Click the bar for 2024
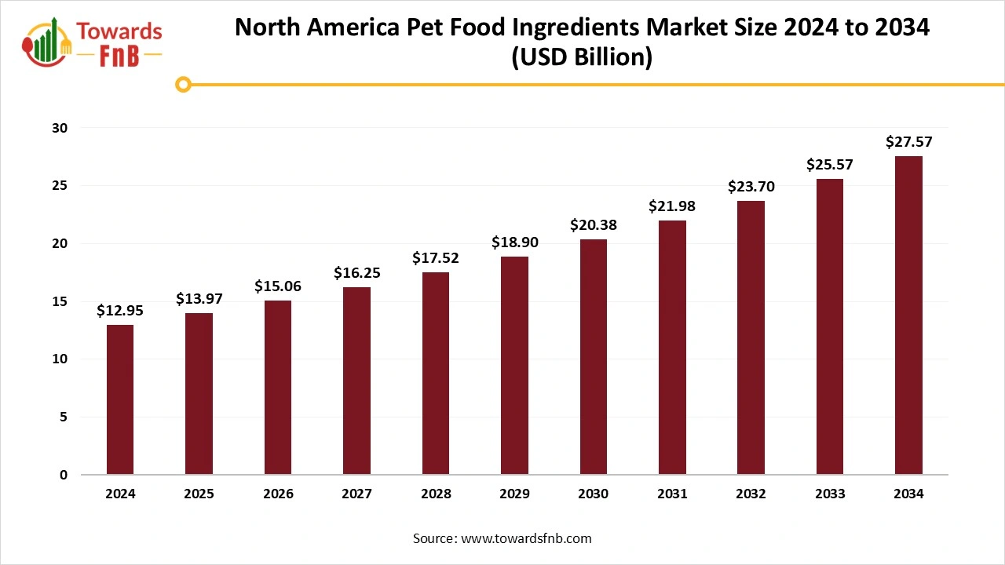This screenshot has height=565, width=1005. point(120,399)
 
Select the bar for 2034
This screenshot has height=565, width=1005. point(908,315)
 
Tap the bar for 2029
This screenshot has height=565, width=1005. point(514,366)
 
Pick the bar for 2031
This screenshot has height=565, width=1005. point(672,348)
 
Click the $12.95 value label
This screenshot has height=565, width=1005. point(120,311)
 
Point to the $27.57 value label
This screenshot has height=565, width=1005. point(908,142)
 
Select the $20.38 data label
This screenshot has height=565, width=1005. point(594,225)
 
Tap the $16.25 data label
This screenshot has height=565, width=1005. point(356,273)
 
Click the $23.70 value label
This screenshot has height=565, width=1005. point(751,187)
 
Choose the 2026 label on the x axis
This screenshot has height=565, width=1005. point(278,494)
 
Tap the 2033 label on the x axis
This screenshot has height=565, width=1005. point(830,494)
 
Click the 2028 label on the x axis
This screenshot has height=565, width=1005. point(436,494)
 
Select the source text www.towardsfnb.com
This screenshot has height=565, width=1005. point(526,538)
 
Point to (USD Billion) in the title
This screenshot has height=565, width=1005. point(581,58)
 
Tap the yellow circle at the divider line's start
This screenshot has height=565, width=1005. point(183,84)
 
